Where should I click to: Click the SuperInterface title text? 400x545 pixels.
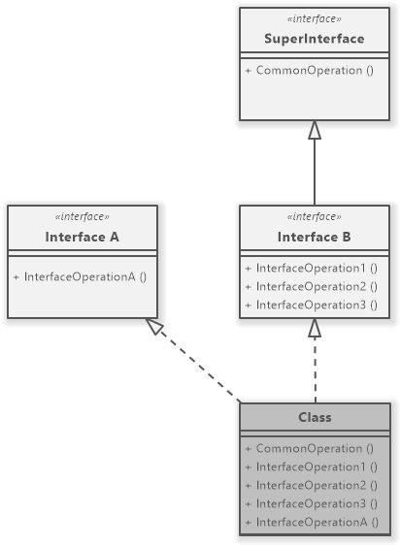[x=315, y=39]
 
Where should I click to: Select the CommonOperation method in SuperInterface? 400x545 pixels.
[x=310, y=71]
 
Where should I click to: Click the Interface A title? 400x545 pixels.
[x=82, y=237]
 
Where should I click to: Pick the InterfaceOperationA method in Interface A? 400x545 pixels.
[x=80, y=276]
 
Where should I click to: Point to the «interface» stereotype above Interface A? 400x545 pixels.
[x=82, y=217]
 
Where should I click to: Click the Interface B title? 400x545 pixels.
[x=315, y=237]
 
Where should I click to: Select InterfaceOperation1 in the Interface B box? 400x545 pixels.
[x=311, y=269]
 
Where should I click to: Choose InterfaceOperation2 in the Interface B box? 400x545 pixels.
[x=311, y=286]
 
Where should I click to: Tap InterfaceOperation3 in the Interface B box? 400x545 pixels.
[x=311, y=305]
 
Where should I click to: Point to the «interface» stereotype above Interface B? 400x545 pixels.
[x=315, y=217]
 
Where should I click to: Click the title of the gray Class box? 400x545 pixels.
[x=315, y=417]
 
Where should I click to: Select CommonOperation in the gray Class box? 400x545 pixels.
[x=310, y=448]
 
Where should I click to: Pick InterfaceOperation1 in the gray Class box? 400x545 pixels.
[x=311, y=466]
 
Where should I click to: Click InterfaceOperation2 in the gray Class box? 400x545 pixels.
[x=311, y=485]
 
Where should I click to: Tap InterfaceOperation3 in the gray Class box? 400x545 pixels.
[x=311, y=503]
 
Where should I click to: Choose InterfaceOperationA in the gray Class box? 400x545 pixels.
[x=311, y=522]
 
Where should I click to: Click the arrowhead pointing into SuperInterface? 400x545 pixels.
[x=314, y=130]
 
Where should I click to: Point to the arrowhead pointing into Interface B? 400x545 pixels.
[x=314, y=329]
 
